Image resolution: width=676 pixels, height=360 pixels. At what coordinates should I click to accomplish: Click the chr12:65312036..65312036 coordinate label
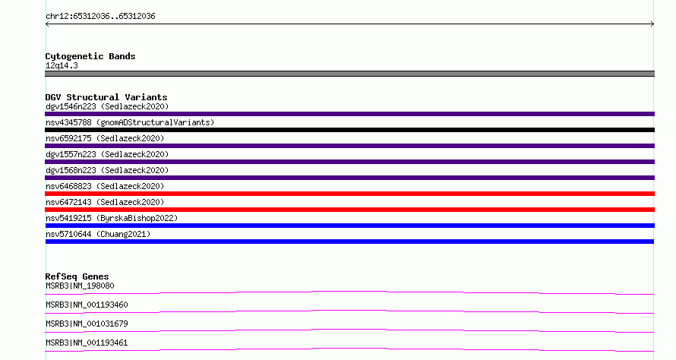pyautogui.click(x=100, y=17)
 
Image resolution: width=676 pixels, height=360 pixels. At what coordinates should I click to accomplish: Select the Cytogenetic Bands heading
pyautogui.click(x=90, y=56)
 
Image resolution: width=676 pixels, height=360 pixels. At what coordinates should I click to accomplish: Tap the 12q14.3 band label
pyautogui.click(x=62, y=65)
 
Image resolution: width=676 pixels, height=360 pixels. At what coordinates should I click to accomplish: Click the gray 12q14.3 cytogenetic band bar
pyautogui.click(x=349, y=74)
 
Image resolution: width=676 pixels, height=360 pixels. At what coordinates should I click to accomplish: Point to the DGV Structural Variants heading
pyautogui.click(x=106, y=97)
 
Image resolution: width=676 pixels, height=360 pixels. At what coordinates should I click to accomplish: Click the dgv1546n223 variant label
pyautogui.click(x=107, y=106)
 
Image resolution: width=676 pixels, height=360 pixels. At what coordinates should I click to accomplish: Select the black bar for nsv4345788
pyautogui.click(x=349, y=130)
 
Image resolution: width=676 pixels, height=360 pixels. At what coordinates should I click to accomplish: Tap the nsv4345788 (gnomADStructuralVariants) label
pyautogui.click(x=130, y=122)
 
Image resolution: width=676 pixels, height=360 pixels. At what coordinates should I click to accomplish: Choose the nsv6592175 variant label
pyautogui.click(x=105, y=138)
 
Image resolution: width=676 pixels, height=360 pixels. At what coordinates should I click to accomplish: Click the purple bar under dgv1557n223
pyautogui.click(x=349, y=162)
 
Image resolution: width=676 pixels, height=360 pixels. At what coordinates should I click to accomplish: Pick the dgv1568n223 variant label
pyautogui.click(x=107, y=170)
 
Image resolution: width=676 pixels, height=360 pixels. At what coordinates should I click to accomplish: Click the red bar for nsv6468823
pyautogui.click(x=349, y=194)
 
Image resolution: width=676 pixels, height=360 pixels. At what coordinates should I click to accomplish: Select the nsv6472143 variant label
pyautogui.click(x=105, y=202)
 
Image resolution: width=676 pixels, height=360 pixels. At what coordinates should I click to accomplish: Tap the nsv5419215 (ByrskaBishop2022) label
pyautogui.click(x=112, y=218)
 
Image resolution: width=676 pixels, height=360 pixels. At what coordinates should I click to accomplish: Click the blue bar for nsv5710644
pyautogui.click(x=349, y=242)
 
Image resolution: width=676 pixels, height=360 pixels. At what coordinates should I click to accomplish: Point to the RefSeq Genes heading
pyautogui.click(x=77, y=276)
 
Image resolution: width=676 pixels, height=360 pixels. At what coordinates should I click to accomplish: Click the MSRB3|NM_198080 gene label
pyautogui.click(x=80, y=286)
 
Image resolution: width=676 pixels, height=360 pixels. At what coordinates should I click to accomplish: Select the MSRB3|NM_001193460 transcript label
pyautogui.click(x=87, y=305)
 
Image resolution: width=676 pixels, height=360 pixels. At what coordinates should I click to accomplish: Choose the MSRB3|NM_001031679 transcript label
pyautogui.click(x=87, y=324)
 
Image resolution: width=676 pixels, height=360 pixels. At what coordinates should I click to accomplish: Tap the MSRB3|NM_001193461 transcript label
pyautogui.click(x=87, y=343)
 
